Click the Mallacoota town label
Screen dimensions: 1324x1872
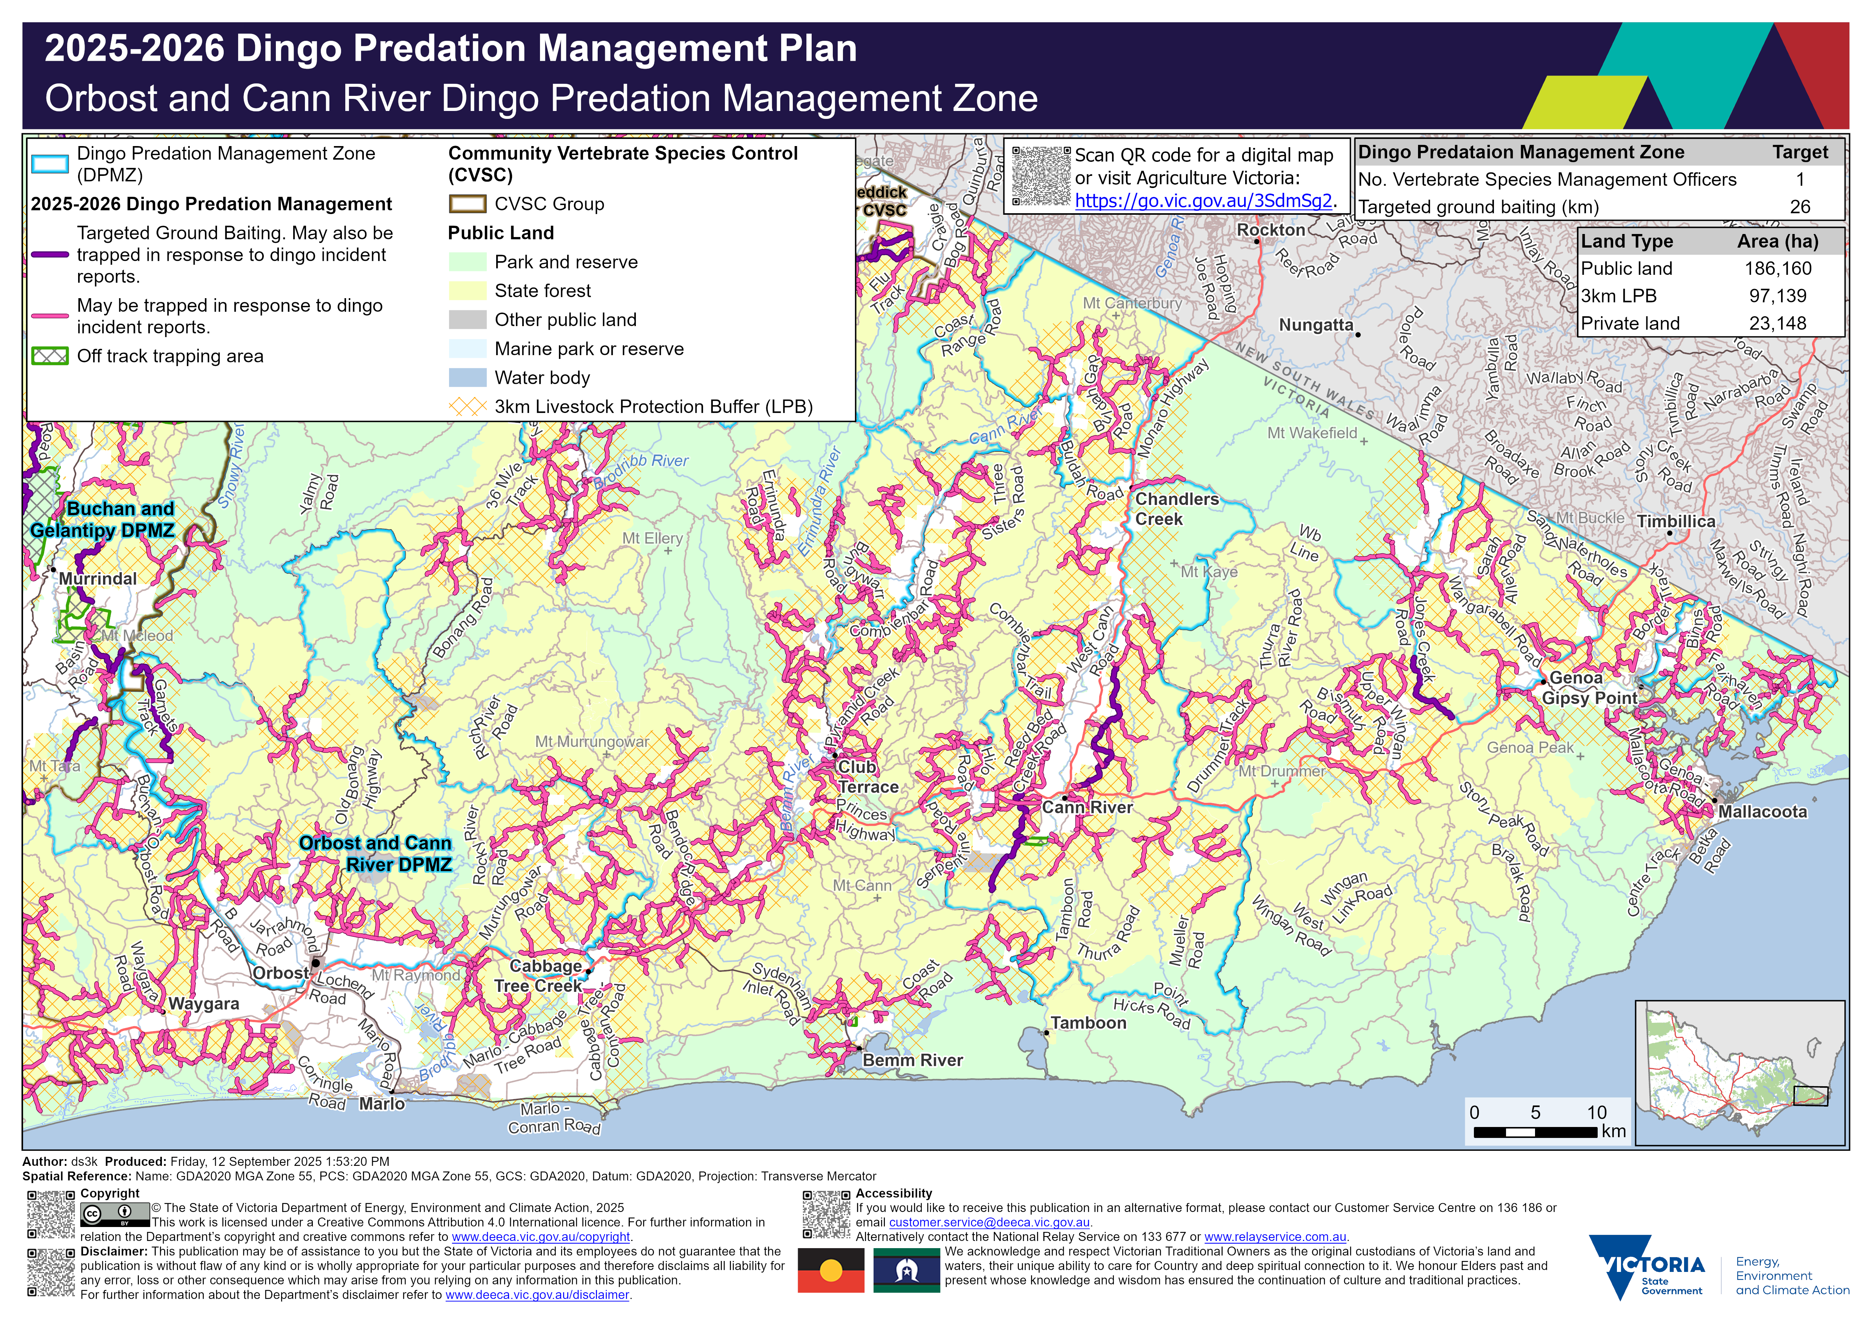1762,812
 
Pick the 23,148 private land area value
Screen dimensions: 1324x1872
1777,324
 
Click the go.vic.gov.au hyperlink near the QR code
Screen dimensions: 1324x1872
1203,200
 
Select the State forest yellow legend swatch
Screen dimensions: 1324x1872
467,291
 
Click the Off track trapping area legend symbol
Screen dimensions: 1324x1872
49,356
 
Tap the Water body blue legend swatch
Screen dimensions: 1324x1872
467,377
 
